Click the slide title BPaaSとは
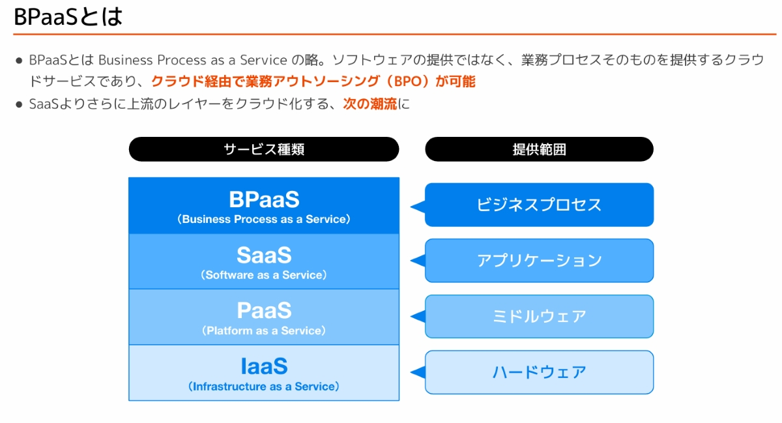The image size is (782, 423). [x=68, y=17]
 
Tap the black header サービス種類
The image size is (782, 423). [x=263, y=149]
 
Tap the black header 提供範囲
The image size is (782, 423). [x=539, y=149]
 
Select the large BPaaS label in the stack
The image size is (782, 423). [x=264, y=199]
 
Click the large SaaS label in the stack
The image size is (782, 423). [x=264, y=255]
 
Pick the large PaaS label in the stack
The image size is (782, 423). [x=264, y=310]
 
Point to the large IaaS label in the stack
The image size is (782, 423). [x=264, y=366]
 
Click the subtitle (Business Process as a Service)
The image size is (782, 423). [x=264, y=220]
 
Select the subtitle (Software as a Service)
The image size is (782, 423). [x=264, y=275]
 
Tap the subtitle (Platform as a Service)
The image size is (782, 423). [x=264, y=331]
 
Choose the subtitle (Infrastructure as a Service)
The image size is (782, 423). [x=264, y=387]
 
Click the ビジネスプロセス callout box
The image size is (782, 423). [x=539, y=205]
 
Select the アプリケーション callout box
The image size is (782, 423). [x=539, y=261]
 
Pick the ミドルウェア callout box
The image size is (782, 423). [x=539, y=317]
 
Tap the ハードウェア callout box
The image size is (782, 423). [x=539, y=372]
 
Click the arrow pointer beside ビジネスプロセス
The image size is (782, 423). [x=418, y=207]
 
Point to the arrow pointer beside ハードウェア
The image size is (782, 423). [x=418, y=373]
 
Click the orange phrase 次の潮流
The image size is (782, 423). [x=369, y=104]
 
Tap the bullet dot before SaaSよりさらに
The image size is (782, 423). [x=19, y=104]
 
